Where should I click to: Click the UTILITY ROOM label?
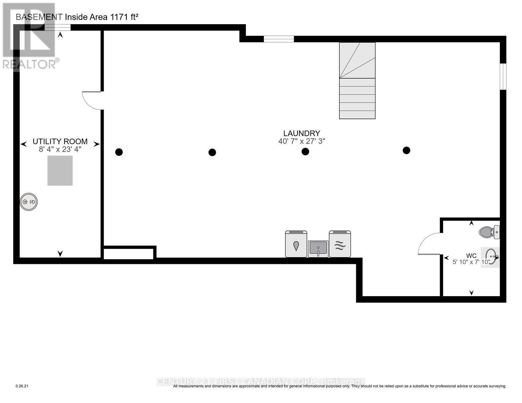pyautogui.click(x=60, y=142)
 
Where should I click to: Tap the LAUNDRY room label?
pyautogui.click(x=302, y=133)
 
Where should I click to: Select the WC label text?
pyautogui.click(x=471, y=256)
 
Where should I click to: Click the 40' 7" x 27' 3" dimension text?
pyautogui.click(x=302, y=141)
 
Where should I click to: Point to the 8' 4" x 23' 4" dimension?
pyautogui.click(x=60, y=149)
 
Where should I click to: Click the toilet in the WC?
pyautogui.click(x=489, y=232)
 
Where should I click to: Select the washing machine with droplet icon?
pyautogui.click(x=296, y=244)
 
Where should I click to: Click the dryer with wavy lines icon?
pyautogui.click(x=340, y=244)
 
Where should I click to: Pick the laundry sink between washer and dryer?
pyautogui.click(x=318, y=249)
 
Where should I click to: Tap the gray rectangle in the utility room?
pyautogui.click(x=60, y=171)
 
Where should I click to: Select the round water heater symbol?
pyautogui.click(x=29, y=202)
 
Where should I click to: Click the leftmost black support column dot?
pyautogui.click(x=119, y=152)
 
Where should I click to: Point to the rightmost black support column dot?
pyautogui.click(x=406, y=150)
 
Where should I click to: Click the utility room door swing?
pyautogui.click(x=91, y=100)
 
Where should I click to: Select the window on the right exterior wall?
pyautogui.click(x=503, y=77)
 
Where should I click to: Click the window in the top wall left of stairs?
pyautogui.click(x=279, y=39)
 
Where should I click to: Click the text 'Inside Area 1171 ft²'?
pyautogui.click(x=102, y=17)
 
